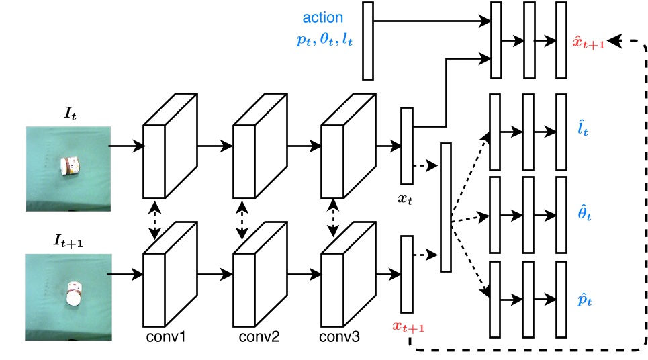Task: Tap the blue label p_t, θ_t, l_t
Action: click(x=324, y=40)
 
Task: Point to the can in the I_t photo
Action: click(x=68, y=166)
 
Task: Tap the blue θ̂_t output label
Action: click(x=584, y=214)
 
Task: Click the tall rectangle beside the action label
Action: click(x=367, y=41)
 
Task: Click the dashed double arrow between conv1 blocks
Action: click(x=156, y=220)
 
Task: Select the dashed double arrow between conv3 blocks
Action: click(x=332, y=220)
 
